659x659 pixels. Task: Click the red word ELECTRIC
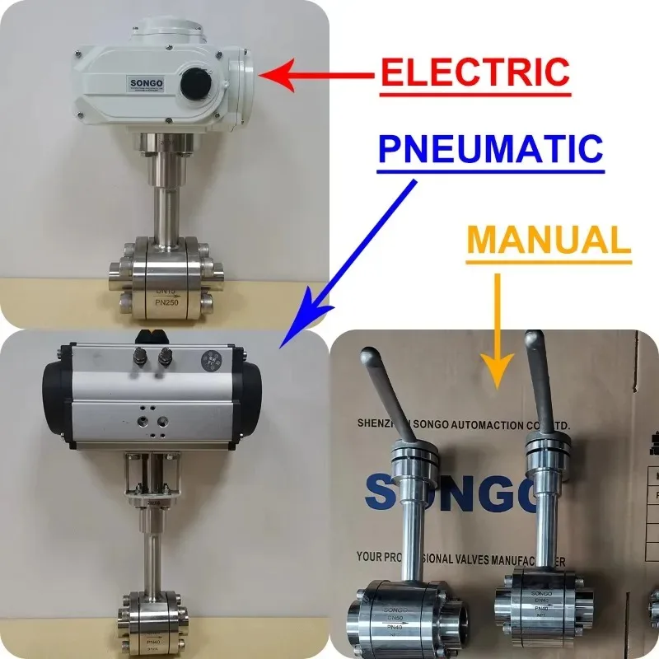[x=474, y=72]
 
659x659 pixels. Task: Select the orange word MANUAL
[x=549, y=240]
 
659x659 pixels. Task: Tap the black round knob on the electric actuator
[x=198, y=81]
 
